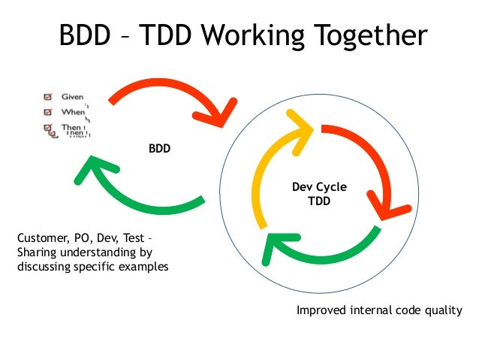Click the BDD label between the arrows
pyautogui.click(x=159, y=149)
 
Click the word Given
pyautogui.click(x=72, y=97)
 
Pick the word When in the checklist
pyautogui.click(x=72, y=113)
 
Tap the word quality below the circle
pyautogui.click(x=444, y=310)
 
